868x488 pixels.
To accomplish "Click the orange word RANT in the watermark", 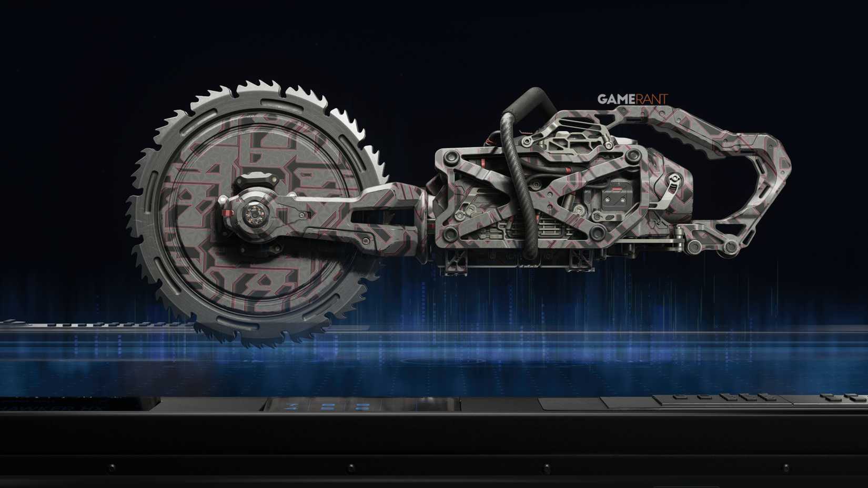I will pyautogui.click(x=652, y=99).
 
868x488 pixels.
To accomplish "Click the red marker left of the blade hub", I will pyautogui.click(x=226, y=212).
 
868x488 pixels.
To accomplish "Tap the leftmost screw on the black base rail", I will pyautogui.click(x=111, y=466).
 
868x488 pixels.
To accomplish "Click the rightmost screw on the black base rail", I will pyautogui.click(x=786, y=466).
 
